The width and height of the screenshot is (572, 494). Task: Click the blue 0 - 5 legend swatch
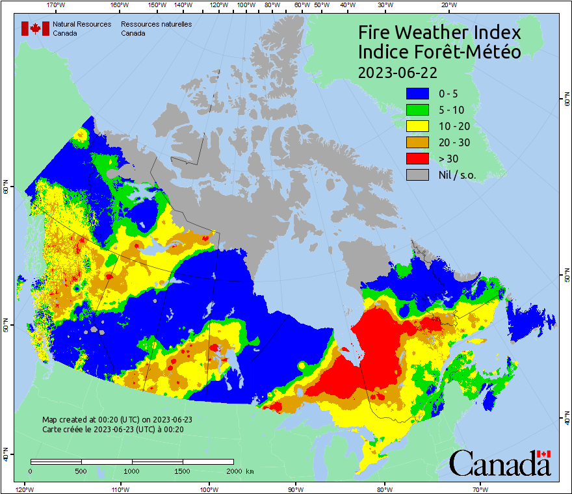point(419,94)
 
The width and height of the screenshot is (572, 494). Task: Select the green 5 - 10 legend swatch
point(419,110)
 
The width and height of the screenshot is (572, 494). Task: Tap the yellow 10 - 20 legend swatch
point(419,126)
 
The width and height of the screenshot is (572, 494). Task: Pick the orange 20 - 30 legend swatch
point(419,142)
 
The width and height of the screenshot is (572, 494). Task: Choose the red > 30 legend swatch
point(419,159)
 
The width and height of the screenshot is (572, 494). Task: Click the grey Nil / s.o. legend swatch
point(419,175)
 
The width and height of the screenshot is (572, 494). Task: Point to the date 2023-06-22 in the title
point(397,71)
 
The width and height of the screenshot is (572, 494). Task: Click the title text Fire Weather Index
point(439,32)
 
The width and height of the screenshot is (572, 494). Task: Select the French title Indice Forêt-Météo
point(439,52)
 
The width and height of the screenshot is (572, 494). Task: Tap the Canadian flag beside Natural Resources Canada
point(35,29)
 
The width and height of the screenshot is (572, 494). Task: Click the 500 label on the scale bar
point(81,471)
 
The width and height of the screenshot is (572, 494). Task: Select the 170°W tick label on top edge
point(57,5)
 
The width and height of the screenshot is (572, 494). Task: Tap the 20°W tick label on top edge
point(447,5)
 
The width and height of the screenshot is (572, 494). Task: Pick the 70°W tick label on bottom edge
point(480,489)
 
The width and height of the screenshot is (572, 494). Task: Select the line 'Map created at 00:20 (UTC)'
point(117,420)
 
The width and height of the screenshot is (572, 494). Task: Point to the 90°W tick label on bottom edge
point(296,489)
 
